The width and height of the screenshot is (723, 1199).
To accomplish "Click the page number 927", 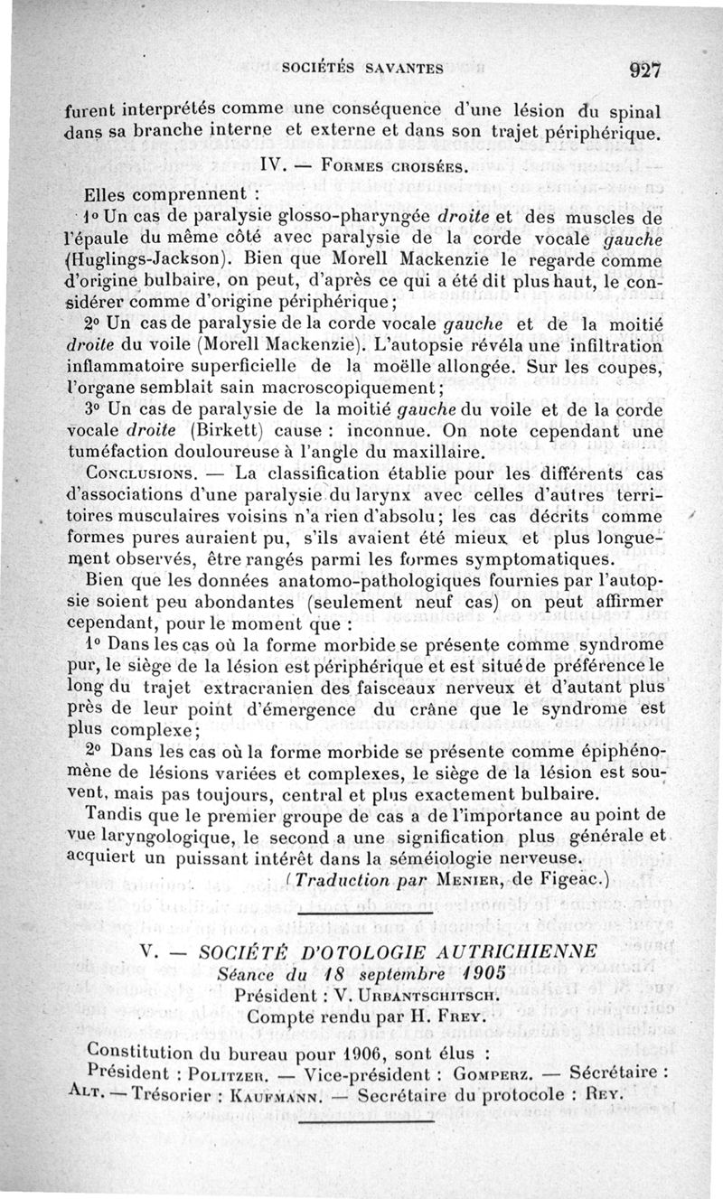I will pyautogui.click(x=647, y=70).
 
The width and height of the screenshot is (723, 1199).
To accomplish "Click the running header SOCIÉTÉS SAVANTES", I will pyautogui.click(x=361, y=67).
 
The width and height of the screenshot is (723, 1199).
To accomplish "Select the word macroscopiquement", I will pyautogui.click(x=351, y=389).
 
